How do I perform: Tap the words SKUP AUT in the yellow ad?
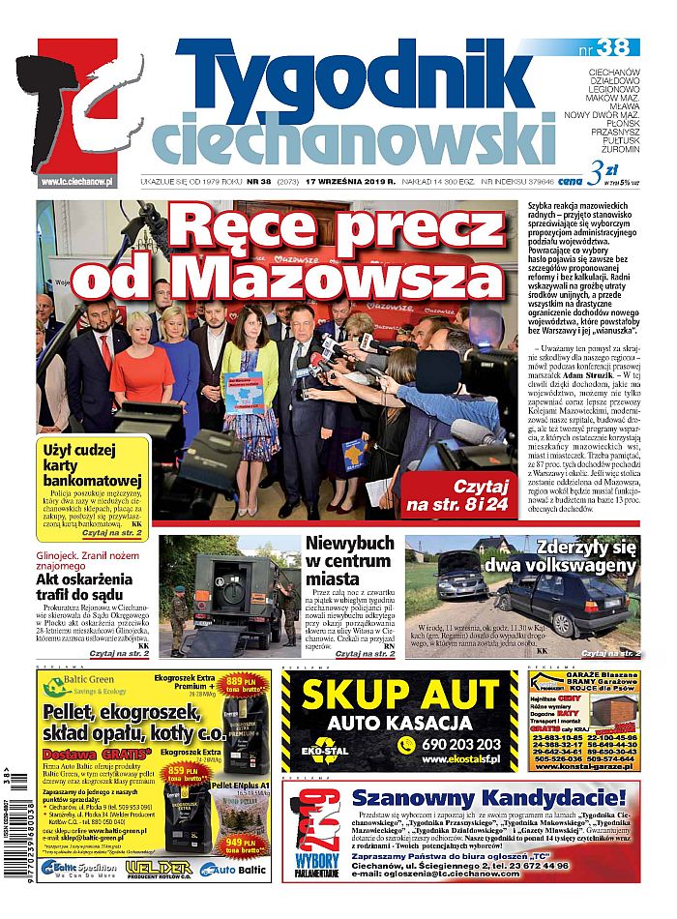pos(398,696)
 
